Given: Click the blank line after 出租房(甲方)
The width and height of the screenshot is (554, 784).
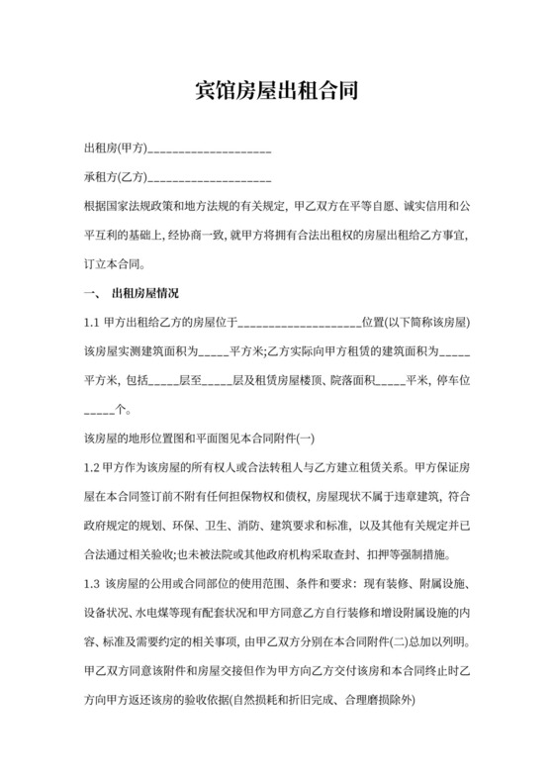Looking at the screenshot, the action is click(x=209, y=150).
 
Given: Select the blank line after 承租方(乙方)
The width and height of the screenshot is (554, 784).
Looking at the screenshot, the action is click(x=209, y=179).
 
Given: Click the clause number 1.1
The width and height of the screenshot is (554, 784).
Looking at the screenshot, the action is click(x=91, y=323).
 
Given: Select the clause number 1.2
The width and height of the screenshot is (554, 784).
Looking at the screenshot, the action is click(x=91, y=467).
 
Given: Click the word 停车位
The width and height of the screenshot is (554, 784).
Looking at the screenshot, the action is click(x=454, y=381).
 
